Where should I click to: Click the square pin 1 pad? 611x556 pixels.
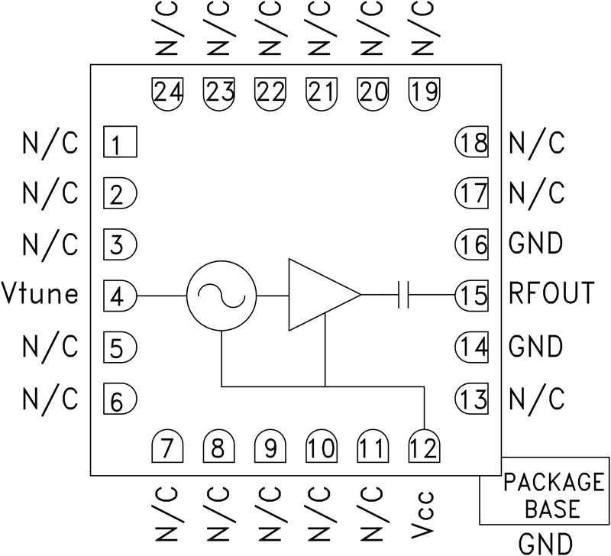click(120, 143)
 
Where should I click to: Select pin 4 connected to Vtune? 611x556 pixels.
click(120, 296)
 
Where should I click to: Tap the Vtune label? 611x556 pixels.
click(40, 293)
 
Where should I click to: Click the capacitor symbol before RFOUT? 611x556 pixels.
click(404, 296)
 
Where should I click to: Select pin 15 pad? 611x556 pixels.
click(471, 296)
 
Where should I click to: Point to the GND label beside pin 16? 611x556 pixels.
click(535, 244)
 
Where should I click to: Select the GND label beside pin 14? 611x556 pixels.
click(535, 347)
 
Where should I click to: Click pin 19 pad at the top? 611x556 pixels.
click(425, 92)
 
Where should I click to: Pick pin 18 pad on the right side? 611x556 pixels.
click(471, 143)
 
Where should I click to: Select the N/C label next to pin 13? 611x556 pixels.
click(536, 398)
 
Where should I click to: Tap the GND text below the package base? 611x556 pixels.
click(545, 543)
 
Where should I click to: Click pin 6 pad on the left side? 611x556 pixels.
click(120, 398)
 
